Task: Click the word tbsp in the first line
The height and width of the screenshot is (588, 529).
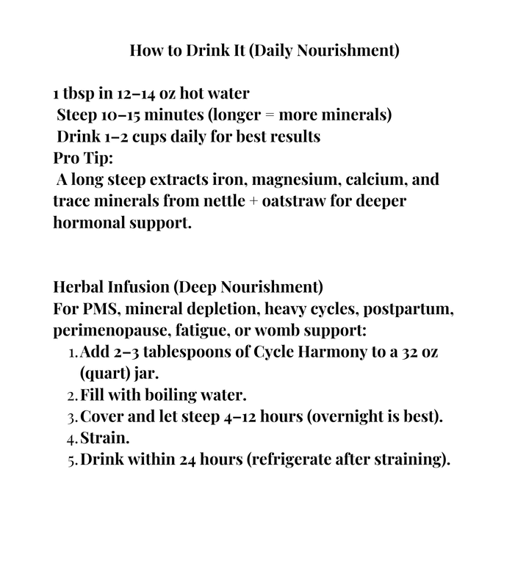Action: click(x=79, y=95)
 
